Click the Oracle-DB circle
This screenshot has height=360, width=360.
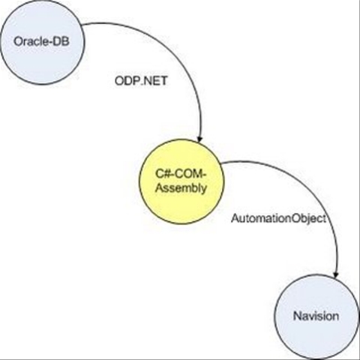42,42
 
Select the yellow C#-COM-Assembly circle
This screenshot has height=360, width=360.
181,181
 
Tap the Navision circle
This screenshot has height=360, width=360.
316,317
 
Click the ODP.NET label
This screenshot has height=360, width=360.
141,81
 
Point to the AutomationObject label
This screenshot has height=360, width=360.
279,218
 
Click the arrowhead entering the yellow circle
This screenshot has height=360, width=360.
199,139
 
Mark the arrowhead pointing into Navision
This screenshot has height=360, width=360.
336,274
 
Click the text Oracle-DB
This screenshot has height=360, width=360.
41,41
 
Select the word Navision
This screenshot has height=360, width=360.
316,316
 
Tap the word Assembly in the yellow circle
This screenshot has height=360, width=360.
181,188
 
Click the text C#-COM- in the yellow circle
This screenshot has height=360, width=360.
181,174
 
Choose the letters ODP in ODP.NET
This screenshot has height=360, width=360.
127,81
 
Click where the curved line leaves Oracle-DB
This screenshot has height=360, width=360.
82,25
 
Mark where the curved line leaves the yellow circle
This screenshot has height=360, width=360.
221,163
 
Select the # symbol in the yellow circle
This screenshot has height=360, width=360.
166,174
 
